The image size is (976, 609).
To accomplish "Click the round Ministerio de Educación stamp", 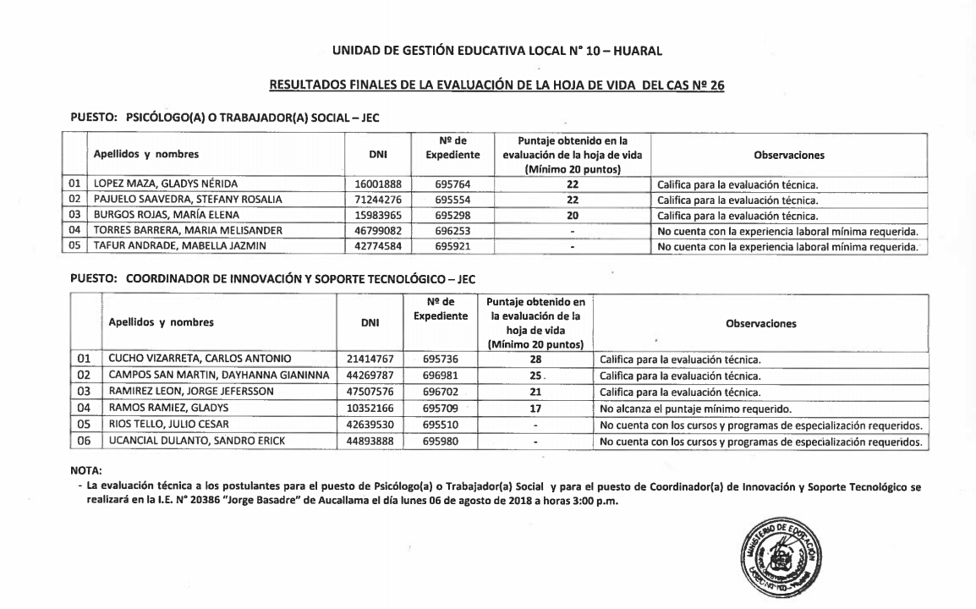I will (x=776, y=557).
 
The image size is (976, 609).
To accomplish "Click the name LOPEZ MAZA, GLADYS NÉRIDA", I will (x=155, y=184).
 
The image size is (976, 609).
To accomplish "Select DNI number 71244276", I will (x=378, y=200).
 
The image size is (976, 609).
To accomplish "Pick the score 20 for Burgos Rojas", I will (x=573, y=215).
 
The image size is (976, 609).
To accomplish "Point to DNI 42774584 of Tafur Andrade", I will (x=378, y=246).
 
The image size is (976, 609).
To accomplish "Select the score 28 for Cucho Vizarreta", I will (x=535, y=359).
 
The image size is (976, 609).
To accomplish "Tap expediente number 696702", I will (x=440, y=392).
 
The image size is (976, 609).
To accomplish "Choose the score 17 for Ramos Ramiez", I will (x=535, y=408).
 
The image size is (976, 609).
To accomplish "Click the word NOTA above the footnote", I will (x=86, y=464).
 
